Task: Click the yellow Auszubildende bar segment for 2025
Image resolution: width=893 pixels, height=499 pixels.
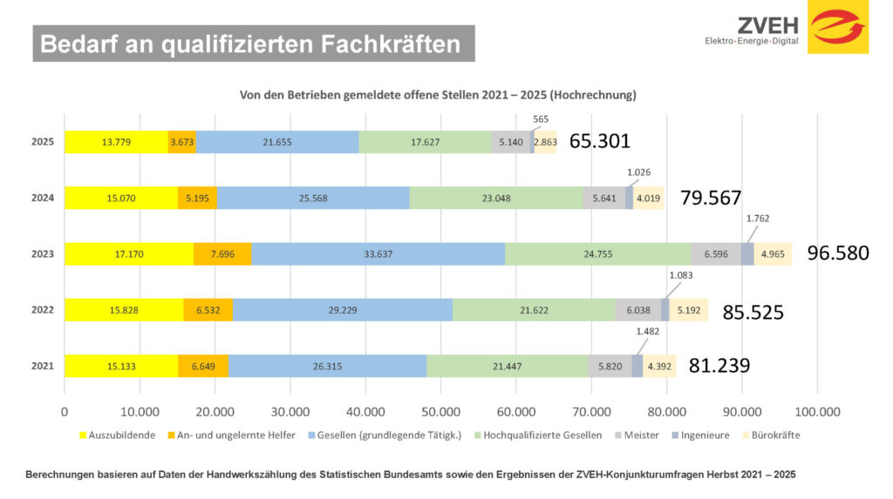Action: coord(116,142)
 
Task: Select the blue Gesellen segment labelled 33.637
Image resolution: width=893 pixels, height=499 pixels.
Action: coord(378,254)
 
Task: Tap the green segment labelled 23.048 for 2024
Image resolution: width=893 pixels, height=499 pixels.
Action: coord(495,199)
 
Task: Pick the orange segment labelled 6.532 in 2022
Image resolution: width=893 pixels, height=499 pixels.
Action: coord(208,310)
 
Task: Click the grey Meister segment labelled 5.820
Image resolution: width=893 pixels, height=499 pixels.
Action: coord(610,367)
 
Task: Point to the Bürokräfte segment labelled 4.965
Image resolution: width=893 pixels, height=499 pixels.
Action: coord(773,254)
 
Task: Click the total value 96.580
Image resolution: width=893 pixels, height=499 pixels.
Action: coord(838,254)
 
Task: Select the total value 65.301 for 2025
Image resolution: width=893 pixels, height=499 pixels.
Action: coord(599,141)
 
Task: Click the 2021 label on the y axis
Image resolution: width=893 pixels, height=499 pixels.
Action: coord(43,367)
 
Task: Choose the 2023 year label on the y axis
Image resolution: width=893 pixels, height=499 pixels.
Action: coord(43,254)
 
